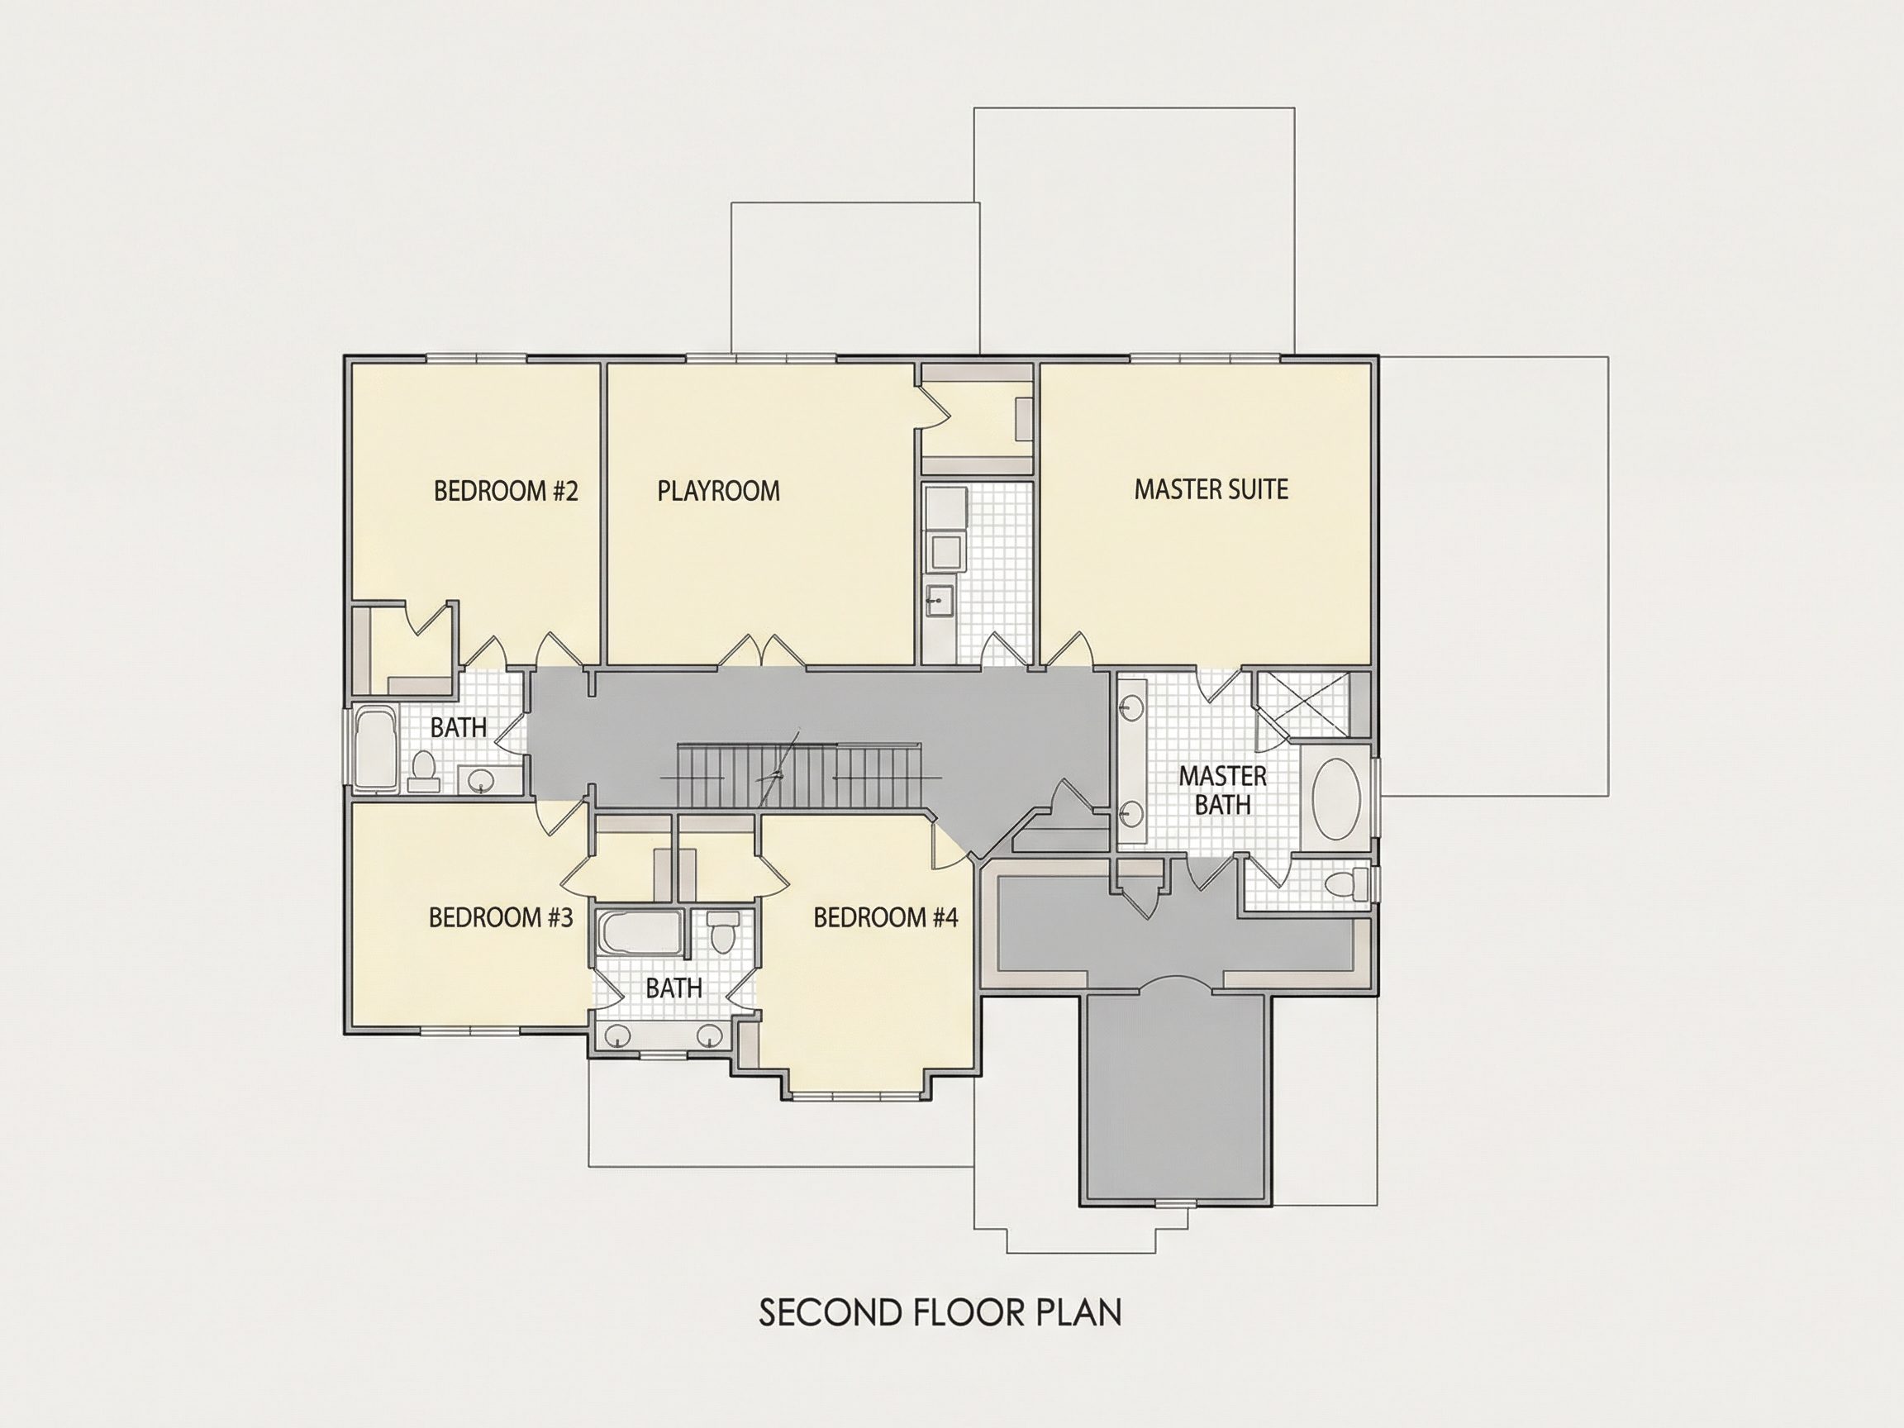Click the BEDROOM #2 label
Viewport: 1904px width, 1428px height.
click(x=505, y=491)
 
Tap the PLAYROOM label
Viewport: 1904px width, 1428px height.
click(x=719, y=491)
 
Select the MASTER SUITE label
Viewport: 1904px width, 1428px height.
click(x=1211, y=489)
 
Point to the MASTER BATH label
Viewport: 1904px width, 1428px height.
click(x=1222, y=790)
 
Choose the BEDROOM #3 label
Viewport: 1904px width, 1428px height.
click(x=501, y=917)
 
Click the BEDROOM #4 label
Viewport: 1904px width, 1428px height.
click(x=886, y=917)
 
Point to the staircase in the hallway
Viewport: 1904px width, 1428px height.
click(x=801, y=777)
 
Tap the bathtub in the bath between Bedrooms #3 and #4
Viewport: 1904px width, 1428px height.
click(x=640, y=933)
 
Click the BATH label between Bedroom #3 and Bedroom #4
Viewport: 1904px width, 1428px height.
click(x=674, y=988)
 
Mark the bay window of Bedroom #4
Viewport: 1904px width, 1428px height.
click(x=854, y=1097)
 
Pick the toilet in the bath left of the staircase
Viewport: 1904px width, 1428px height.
click(x=422, y=770)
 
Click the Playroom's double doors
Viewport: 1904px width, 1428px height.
click(x=762, y=650)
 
